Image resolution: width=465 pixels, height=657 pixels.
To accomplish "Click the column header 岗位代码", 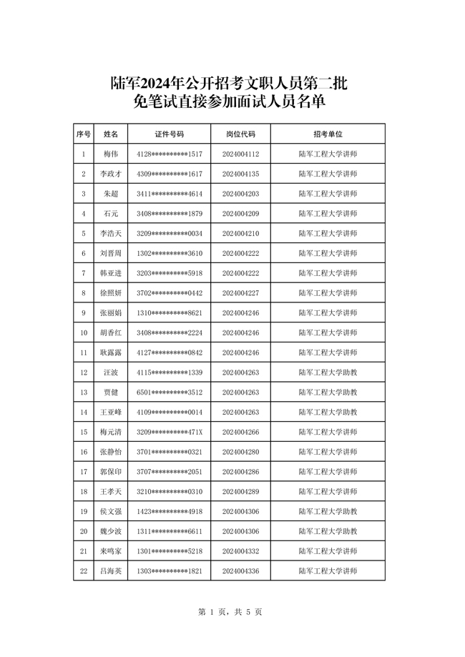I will pyautogui.click(x=240, y=134).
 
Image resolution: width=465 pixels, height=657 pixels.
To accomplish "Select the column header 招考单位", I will pyautogui.click(x=328, y=134).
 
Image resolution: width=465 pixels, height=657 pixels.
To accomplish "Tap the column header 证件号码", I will pyautogui.click(x=170, y=134).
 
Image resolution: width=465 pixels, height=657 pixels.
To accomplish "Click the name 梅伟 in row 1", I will pyautogui.click(x=110, y=154).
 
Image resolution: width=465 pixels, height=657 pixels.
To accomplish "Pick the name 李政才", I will pyautogui.click(x=110, y=174).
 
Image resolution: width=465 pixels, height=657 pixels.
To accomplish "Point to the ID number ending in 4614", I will pyautogui.click(x=170, y=194).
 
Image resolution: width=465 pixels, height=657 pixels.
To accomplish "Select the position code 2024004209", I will pyautogui.click(x=240, y=214).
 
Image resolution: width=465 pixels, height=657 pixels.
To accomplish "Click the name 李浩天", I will pyautogui.click(x=110, y=234).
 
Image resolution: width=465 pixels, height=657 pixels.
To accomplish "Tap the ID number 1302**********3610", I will pyautogui.click(x=170, y=254).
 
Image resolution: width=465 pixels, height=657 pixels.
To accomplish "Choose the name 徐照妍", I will pyautogui.click(x=110, y=293).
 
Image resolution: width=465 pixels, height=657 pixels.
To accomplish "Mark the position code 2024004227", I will pyautogui.click(x=240, y=293).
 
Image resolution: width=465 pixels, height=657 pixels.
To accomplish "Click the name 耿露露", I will pyautogui.click(x=110, y=352).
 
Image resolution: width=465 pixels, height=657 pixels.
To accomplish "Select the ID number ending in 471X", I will pyautogui.click(x=170, y=432).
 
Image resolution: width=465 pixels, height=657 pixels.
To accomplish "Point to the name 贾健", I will pyautogui.click(x=110, y=392).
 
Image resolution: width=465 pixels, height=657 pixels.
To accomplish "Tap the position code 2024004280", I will pyautogui.click(x=240, y=452).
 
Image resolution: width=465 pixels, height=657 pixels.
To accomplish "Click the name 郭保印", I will pyautogui.click(x=110, y=472).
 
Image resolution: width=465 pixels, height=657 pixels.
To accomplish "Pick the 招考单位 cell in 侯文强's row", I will pyautogui.click(x=328, y=511).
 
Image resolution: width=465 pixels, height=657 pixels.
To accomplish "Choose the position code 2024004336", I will pyautogui.click(x=240, y=571).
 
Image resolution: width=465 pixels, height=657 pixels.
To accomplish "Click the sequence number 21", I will pyautogui.click(x=84, y=551).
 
